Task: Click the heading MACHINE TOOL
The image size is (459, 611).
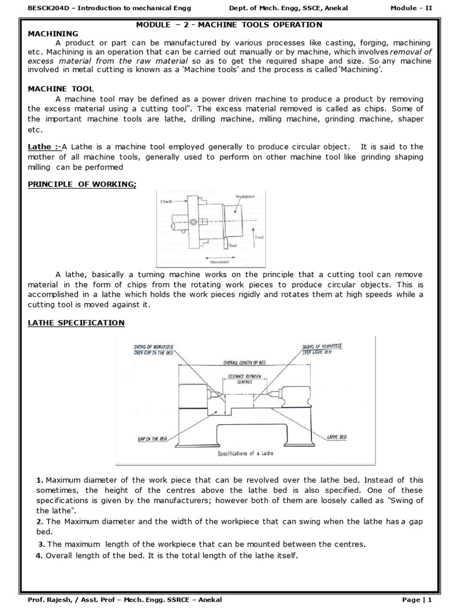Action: click(x=61, y=88)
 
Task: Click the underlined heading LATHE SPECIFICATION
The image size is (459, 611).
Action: click(x=76, y=323)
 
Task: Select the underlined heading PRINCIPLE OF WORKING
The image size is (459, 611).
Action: click(x=82, y=184)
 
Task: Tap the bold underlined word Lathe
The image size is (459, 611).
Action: click(x=41, y=147)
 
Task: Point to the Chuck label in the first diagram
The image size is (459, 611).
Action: click(x=167, y=202)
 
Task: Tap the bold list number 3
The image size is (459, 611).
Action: click(x=41, y=544)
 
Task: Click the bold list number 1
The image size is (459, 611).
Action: click(x=39, y=480)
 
